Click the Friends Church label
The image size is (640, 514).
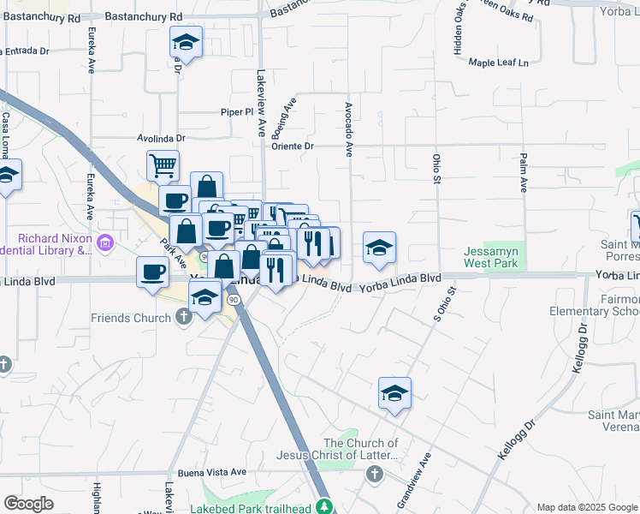click(131, 318)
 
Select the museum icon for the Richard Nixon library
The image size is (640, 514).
click(106, 243)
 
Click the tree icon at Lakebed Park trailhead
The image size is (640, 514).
click(324, 505)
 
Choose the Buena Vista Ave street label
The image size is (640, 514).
click(211, 472)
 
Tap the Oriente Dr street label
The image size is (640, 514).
click(293, 146)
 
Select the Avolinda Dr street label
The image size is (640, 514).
click(161, 137)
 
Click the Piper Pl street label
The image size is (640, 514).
click(238, 111)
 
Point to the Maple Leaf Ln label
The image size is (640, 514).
click(500, 63)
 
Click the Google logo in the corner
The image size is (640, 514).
click(28, 504)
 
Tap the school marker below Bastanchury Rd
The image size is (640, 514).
click(185, 42)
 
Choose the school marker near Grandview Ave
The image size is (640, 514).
click(394, 393)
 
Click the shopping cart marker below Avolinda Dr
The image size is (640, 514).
click(163, 164)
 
